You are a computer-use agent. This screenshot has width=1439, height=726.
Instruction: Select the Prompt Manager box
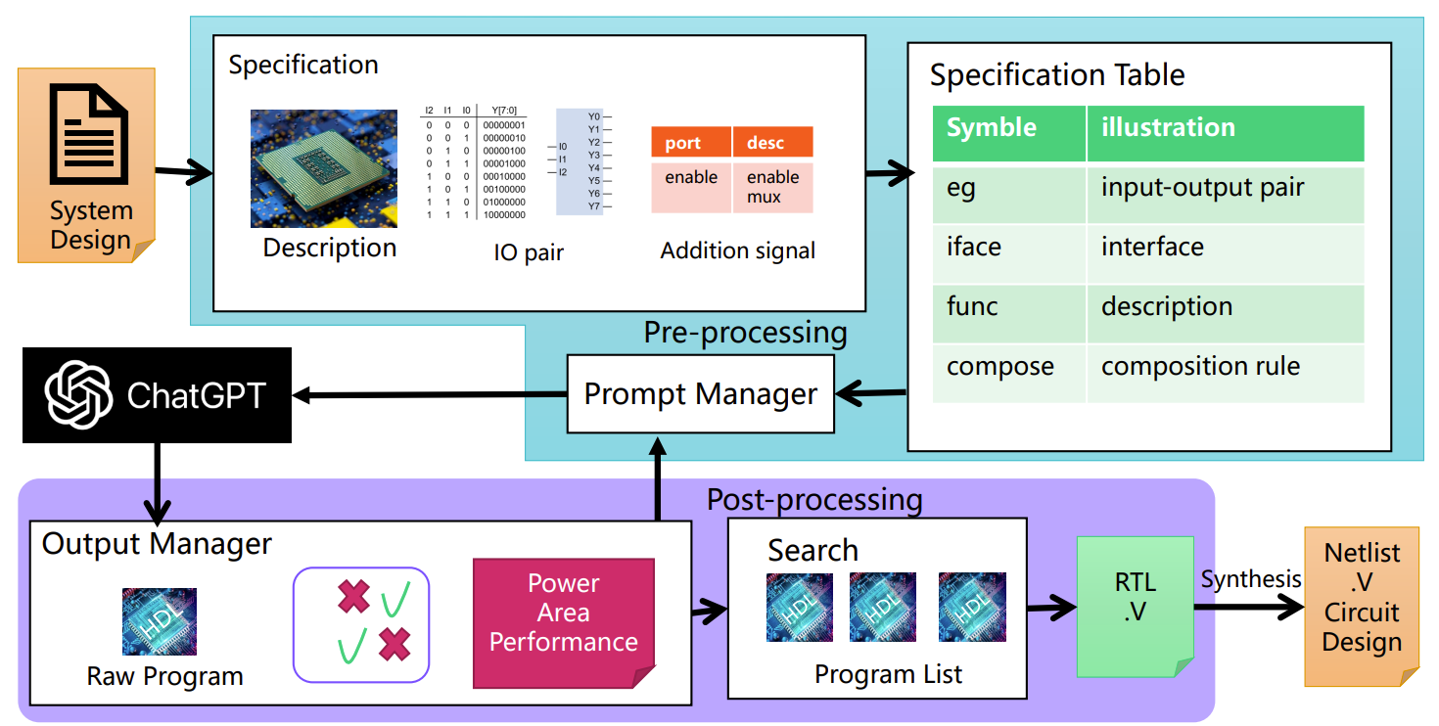tap(701, 394)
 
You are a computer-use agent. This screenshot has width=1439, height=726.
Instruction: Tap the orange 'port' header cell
tap(690, 143)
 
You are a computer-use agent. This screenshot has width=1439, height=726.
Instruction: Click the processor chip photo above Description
tap(324, 168)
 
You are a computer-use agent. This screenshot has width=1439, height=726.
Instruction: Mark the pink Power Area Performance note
tap(564, 622)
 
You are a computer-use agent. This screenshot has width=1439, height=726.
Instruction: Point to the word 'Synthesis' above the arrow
tap(1251, 579)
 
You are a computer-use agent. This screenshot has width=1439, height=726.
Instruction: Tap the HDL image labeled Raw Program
tap(160, 621)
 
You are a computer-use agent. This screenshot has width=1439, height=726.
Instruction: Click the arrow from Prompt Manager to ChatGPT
tap(431, 395)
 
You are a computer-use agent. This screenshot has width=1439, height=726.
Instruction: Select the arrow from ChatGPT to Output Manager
tap(157, 483)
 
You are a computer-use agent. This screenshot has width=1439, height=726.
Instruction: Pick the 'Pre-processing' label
tap(745, 333)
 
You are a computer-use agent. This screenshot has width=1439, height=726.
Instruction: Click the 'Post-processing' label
tap(814, 501)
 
